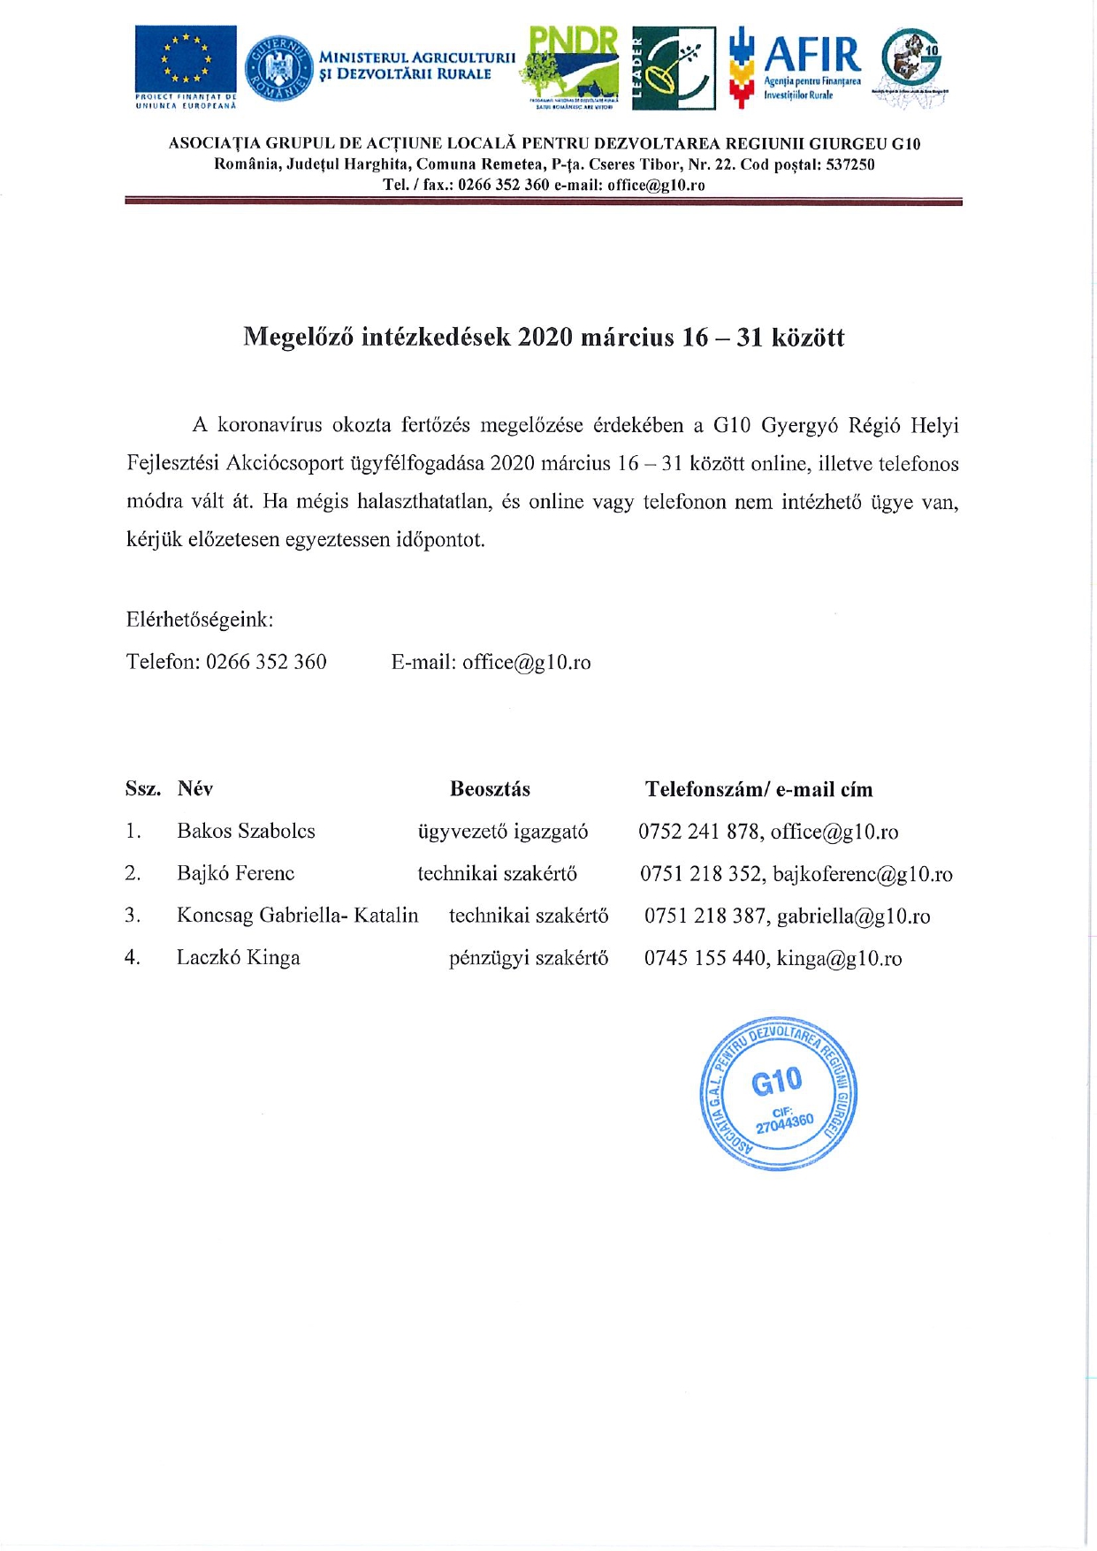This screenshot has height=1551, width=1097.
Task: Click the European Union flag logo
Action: pos(186,59)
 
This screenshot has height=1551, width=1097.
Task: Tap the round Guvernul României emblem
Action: pos(278,68)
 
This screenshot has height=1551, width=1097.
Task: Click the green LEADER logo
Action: pos(674,68)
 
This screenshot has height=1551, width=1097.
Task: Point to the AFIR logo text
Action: pos(811,56)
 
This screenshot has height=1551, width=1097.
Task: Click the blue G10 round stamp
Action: pos(779,1093)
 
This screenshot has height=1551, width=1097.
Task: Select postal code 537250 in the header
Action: pos(849,164)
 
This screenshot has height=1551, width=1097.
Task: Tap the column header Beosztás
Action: pos(490,789)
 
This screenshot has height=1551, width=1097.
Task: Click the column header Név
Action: pos(194,789)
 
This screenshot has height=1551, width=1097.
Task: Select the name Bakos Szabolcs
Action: pos(246,832)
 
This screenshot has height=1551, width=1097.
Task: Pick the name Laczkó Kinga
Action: pos(238,958)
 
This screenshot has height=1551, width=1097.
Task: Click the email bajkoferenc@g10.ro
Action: pos(863,875)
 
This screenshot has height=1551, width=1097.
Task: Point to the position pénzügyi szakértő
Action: pos(528,959)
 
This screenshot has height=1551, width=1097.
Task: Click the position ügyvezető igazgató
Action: pos(502,832)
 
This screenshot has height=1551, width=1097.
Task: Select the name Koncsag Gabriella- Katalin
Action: pos(297,916)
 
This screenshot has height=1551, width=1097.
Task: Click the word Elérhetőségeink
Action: pos(199,620)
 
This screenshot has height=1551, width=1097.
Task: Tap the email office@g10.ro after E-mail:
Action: pos(526,663)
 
